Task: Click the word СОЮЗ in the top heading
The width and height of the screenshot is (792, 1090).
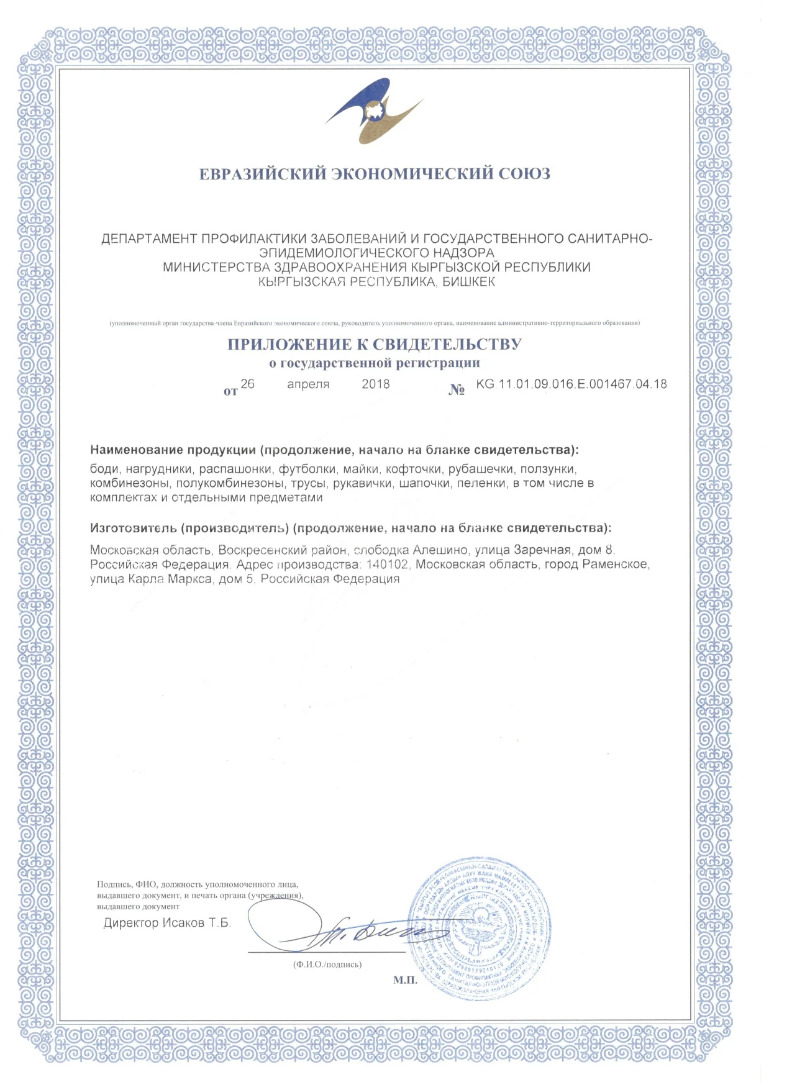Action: pos(524,173)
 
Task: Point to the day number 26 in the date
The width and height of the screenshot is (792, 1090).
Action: pos(247,384)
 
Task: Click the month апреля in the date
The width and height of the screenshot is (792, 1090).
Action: pos(308,384)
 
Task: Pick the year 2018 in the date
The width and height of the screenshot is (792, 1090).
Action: pos(376,384)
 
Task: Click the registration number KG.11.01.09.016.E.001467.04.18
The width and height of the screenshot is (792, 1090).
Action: pos(571,384)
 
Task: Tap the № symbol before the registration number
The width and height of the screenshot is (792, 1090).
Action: pos(457,390)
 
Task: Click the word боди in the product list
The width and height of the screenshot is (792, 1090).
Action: pos(104,469)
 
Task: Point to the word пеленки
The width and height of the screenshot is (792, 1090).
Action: pos(481,483)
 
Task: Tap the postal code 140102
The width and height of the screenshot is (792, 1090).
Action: pos(388,565)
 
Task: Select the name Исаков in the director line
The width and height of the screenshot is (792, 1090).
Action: pos(184,923)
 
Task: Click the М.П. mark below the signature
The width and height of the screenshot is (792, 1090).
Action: pos(405,980)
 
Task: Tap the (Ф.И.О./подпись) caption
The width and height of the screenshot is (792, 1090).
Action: pos(327,965)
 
